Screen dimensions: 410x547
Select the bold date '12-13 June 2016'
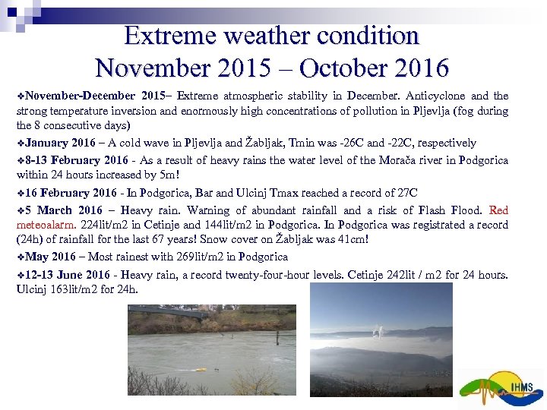click(x=68, y=274)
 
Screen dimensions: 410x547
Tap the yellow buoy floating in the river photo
click(x=201, y=370)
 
